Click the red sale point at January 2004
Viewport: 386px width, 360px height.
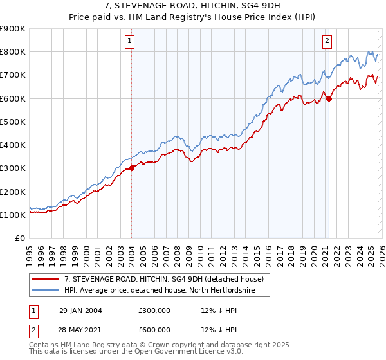coord(131,168)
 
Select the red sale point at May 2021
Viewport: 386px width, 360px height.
coord(329,98)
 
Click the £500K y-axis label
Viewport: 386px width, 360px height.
coord(14,122)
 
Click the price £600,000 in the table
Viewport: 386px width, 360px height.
coord(154,330)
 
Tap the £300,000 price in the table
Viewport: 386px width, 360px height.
coord(154,310)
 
